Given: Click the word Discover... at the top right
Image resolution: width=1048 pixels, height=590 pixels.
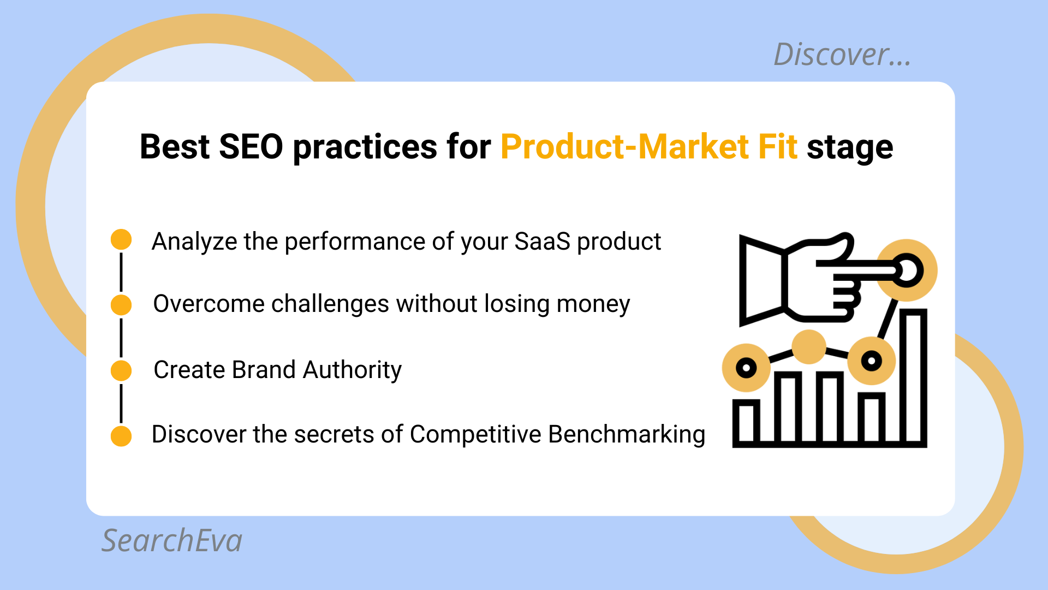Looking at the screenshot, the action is click(842, 55).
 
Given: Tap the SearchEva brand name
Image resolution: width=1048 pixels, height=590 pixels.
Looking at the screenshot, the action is click(172, 541).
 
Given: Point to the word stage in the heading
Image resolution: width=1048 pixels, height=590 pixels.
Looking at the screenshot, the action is click(850, 147).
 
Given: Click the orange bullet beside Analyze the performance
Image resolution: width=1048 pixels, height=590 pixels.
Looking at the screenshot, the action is click(121, 239).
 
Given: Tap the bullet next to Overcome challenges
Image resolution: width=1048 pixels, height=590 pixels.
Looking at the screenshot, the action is click(121, 305).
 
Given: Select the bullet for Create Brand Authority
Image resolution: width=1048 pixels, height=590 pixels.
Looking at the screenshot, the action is click(121, 370).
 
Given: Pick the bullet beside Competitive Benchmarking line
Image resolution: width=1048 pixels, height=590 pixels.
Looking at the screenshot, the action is click(121, 436).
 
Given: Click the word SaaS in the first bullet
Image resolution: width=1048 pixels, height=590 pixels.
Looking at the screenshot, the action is click(542, 241).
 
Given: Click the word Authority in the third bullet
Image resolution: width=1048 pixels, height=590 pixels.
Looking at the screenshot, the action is click(352, 370).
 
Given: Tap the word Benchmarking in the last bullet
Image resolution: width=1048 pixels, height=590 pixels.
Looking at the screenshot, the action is click(627, 435).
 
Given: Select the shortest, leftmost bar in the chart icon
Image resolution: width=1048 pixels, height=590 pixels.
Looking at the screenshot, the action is click(746, 422).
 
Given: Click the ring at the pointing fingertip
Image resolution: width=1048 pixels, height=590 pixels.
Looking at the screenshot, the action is click(907, 270).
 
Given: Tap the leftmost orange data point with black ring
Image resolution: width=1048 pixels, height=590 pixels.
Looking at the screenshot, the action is click(746, 368).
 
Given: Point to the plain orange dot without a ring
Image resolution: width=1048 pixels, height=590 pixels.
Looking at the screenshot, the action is click(808, 346).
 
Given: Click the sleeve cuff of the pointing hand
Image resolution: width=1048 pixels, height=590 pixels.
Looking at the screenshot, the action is click(761, 280).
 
